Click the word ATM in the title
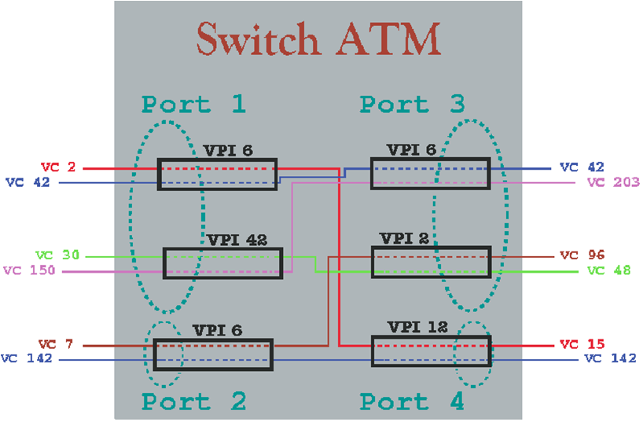click(x=389, y=39)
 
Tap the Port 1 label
click(x=193, y=105)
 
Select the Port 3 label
click(x=412, y=105)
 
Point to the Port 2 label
click(x=193, y=401)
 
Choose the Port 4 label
click(x=412, y=401)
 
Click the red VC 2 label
click(x=58, y=167)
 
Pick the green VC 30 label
click(x=57, y=255)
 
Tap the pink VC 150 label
click(x=29, y=270)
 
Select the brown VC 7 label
click(x=56, y=343)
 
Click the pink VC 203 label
click(x=613, y=182)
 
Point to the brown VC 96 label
click(x=582, y=255)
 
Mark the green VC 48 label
click(x=609, y=270)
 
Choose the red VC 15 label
click(x=582, y=343)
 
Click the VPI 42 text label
click(x=237, y=240)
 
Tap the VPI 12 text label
click(x=417, y=327)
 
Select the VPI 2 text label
click(x=404, y=238)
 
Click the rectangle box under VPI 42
click(x=223, y=263)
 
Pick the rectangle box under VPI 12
click(x=432, y=351)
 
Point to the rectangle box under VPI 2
click(x=432, y=262)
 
